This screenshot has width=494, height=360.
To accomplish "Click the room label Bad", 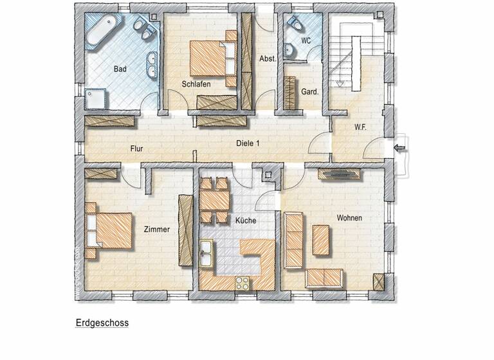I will [x=120, y=68].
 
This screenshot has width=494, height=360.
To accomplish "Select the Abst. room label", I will [x=268, y=59].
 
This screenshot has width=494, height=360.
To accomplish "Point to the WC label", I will [x=306, y=40].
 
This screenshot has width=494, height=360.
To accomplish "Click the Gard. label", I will [x=310, y=92].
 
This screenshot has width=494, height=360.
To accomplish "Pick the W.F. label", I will [x=360, y=127].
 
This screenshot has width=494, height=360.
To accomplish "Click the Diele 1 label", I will [x=248, y=144].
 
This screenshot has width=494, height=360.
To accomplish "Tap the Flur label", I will [x=136, y=149].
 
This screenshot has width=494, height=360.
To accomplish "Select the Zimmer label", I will [x=157, y=229].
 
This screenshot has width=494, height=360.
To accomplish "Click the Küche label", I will [x=246, y=221].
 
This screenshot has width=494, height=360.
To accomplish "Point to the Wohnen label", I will [x=349, y=218].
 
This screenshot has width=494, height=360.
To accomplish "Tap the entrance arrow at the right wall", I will [x=400, y=149].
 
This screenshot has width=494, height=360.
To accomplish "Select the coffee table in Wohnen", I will [x=322, y=239].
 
